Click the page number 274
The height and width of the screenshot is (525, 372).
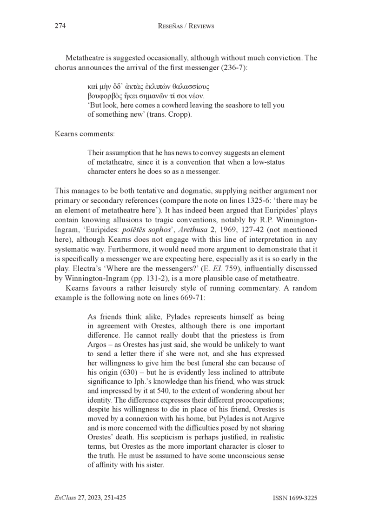(60, 27)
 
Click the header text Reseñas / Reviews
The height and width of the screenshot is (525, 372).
(186, 27)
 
